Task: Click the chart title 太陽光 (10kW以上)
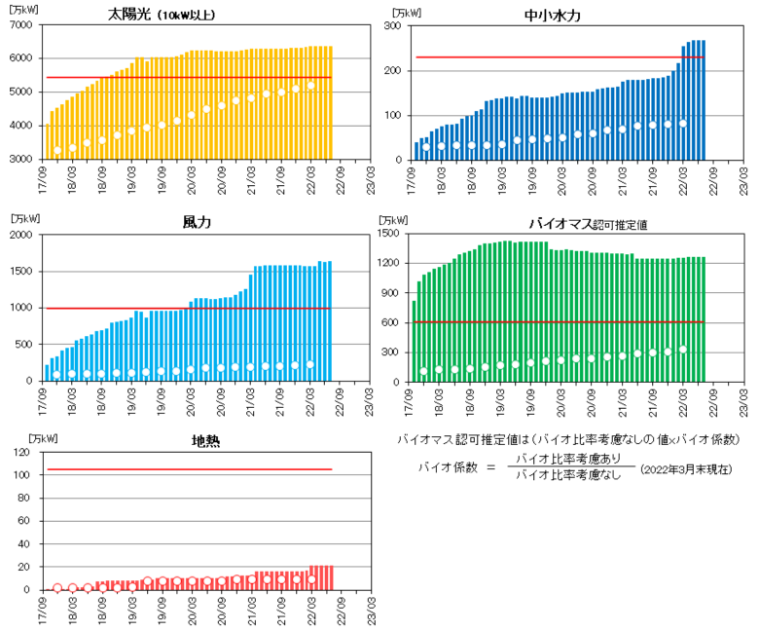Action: pyautogui.click(x=175, y=14)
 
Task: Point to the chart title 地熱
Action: pyautogui.click(x=205, y=441)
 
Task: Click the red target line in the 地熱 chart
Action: pyautogui.click(x=190, y=469)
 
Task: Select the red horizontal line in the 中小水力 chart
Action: pyautogui.click(x=560, y=57)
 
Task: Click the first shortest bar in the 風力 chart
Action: pyautogui.click(x=47, y=373)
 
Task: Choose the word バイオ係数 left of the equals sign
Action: pyautogui.click(x=443, y=468)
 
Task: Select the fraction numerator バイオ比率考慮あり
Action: pyautogui.click(x=572, y=460)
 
